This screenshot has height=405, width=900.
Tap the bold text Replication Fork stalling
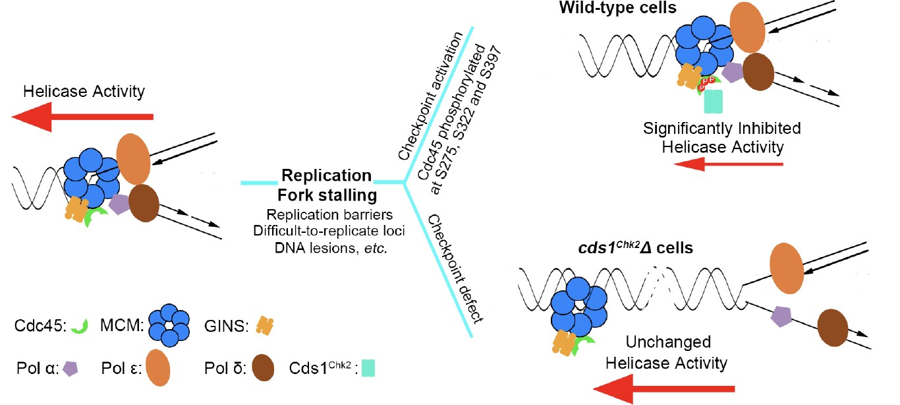click(x=326, y=185)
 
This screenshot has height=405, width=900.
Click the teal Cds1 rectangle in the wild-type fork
click(x=713, y=101)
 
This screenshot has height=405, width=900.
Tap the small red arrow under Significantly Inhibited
click(x=731, y=164)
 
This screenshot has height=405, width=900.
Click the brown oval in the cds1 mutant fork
click(x=833, y=327)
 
